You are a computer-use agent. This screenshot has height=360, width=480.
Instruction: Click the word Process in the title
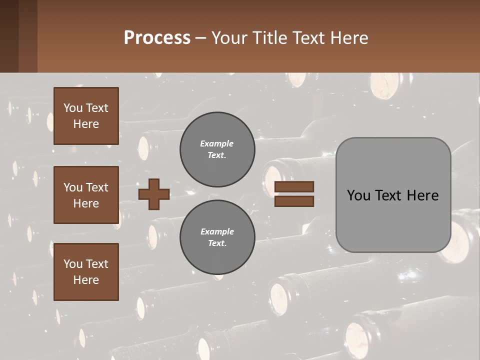[157, 38]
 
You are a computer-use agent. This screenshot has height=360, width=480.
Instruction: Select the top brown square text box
[86, 116]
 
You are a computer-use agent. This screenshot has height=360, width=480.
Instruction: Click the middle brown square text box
[86, 195]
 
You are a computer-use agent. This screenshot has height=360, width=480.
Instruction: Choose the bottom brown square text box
[86, 272]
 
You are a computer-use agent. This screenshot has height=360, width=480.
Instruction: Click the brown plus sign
[154, 194]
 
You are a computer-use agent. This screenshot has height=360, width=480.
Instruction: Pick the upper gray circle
[217, 149]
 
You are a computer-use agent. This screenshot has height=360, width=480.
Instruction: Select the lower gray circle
[217, 237]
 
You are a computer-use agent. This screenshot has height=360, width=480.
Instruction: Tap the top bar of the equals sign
[294, 186]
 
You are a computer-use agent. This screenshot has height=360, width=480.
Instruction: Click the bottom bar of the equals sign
[294, 201]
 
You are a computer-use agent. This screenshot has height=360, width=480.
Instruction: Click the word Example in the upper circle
[216, 143]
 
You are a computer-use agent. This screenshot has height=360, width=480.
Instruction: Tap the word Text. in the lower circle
[216, 243]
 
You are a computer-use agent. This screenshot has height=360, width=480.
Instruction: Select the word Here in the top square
[86, 124]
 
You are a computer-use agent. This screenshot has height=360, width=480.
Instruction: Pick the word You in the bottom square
[73, 264]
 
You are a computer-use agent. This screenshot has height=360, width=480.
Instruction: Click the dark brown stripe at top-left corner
[9, 36]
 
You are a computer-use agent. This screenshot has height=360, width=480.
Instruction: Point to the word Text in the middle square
[97, 187]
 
